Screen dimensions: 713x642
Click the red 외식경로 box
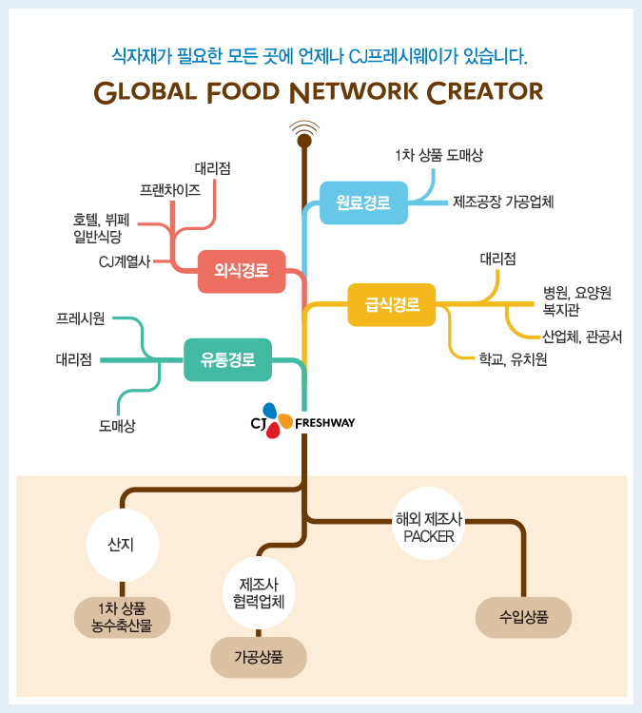[242, 271]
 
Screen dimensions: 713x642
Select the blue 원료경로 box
[363, 202]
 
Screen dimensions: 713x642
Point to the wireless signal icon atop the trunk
[304, 129]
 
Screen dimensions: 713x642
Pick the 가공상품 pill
[259, 657]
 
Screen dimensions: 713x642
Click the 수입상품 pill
[523, 616]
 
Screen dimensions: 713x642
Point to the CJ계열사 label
[125, 260]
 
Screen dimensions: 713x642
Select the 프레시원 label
[81, 318]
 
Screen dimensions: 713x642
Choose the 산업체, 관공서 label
[582, 336]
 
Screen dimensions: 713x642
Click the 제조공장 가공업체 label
[503, 202]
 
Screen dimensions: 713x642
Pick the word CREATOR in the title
[485, 91]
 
